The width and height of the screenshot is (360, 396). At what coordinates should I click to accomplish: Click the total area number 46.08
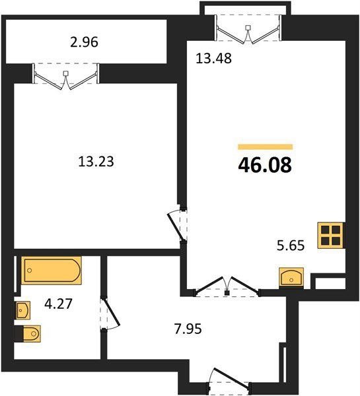coord(265,164)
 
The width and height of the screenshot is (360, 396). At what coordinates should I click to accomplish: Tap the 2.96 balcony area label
coord(84,42)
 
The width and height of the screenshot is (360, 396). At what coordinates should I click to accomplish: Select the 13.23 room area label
coord(96,162)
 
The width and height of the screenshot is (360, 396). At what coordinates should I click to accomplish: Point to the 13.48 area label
coord(213,58)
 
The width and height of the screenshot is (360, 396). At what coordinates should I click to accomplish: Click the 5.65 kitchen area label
coord(291,246)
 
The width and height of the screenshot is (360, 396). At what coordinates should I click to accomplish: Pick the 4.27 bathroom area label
coord(58,304)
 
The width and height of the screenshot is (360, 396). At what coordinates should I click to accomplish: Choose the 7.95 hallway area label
coord(188,329)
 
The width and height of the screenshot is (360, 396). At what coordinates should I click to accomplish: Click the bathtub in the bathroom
coord(52,271)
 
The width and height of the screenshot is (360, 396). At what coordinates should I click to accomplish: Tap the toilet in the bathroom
coord(28,333)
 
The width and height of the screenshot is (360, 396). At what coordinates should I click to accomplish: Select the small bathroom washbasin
coord(23,310)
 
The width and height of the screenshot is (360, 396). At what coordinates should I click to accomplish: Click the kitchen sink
coord(291,277)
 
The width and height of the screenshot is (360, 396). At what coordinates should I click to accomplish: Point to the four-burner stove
coord(331,236)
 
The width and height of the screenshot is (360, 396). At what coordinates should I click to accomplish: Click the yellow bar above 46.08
coord(265,147)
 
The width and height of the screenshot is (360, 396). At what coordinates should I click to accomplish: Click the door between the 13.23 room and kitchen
coord(177,226)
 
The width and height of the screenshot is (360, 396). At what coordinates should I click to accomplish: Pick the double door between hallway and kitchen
coord(227,287)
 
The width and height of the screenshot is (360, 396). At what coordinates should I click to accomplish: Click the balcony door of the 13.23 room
coord(66,77)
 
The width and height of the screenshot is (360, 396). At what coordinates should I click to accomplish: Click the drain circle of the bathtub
coord(30,271)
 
